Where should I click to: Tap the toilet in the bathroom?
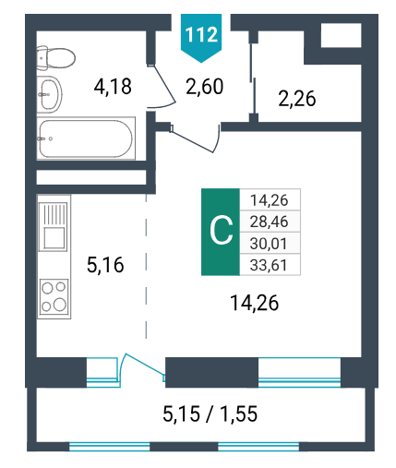(x=55, y=57)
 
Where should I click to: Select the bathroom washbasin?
(x=49, y=94)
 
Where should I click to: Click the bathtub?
(x=86, y=138)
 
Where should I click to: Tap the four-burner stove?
(x=54, y=296)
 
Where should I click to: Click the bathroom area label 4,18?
(x=113, y=87)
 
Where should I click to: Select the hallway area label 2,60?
(x=205, y=87)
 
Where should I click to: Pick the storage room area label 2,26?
(x=297, y=99)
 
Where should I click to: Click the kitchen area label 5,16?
(x=105, y=265)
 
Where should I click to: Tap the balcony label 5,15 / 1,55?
(x=210, y=414)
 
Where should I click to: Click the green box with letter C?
(x=221, y=232)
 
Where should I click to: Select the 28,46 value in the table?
(x=270, y=222)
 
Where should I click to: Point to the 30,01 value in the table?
(x=269, y=244)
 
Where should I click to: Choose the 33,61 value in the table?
(x=269, y=265)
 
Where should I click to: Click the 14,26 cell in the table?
(x=270, y=200)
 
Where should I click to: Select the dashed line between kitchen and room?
(x=146, y=267)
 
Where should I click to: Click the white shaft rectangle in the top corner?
(x=341, y=35)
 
